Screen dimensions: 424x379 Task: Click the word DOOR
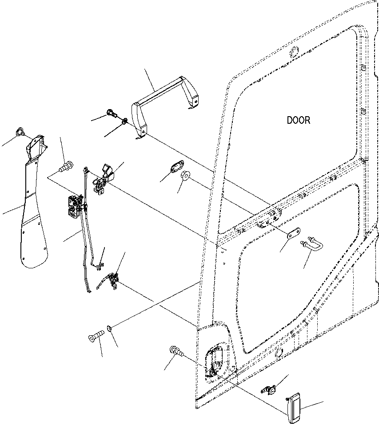pos(298,120)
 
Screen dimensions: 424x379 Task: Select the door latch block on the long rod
pos(73,207)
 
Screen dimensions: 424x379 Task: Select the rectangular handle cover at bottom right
pos(294,405)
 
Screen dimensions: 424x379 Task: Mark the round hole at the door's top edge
pos(293,54)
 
